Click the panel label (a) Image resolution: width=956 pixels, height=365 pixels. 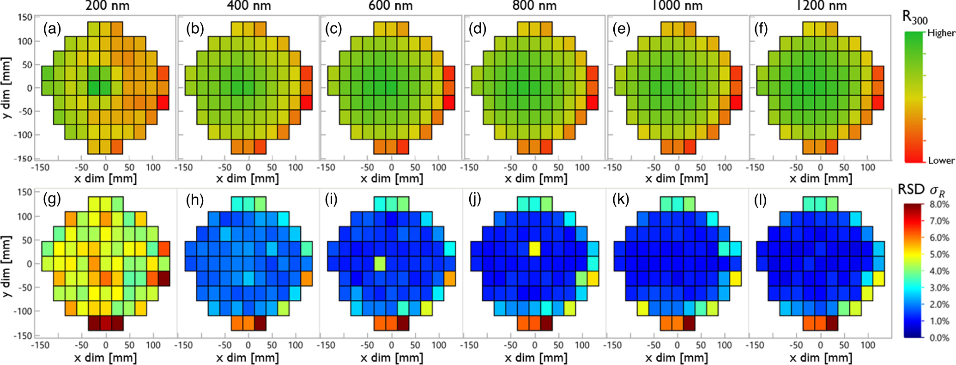(x=52, y=30)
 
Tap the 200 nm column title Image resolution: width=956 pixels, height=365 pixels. (x=107, y=6)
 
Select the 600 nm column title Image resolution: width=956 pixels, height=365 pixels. (x=391, y=6)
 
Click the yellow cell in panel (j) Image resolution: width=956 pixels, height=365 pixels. (x=535, y=249)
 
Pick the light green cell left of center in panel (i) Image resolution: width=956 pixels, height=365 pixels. (x=380, y=263)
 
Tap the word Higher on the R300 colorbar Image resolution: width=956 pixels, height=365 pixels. (x=941, y=33)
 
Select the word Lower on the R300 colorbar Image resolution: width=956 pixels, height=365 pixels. (x=941, y=160)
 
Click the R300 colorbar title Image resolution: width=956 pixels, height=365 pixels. (x=914, y=18)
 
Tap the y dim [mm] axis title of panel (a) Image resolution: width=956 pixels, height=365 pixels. (x=6, y=88)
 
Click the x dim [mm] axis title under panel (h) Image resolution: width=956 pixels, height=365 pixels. (x=248, y=357)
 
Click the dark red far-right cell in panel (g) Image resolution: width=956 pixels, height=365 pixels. (x=164, y=279)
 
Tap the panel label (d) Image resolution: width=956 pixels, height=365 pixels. (x=477, y=30)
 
